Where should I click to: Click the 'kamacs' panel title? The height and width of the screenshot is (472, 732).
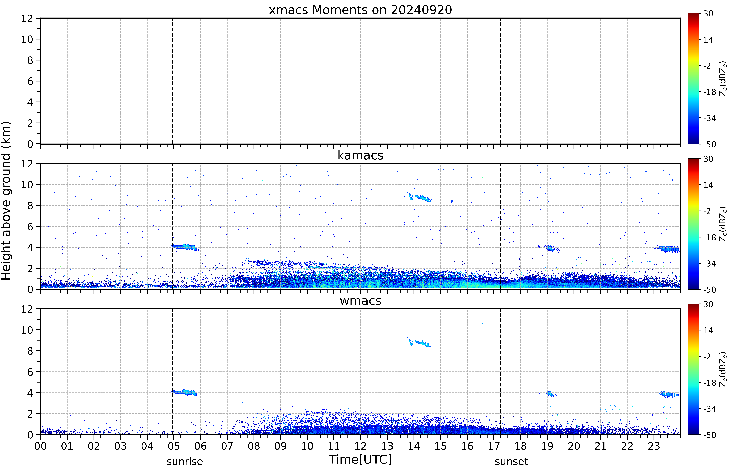360,155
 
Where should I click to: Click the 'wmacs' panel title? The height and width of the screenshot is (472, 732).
360,301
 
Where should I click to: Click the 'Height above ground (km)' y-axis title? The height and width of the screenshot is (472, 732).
6,201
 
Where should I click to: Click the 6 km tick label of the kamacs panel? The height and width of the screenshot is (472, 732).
30,227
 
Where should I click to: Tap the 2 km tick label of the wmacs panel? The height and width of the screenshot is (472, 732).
30,414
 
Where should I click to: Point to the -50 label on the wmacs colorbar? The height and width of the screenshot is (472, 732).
710,435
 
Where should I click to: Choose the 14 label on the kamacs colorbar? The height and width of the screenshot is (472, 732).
708,185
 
